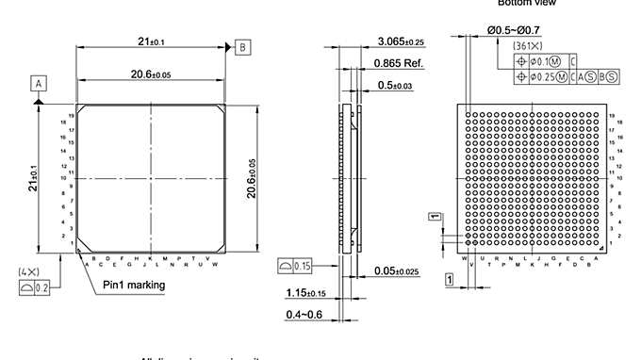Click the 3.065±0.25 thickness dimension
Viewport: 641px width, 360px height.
click(x=401, y=41)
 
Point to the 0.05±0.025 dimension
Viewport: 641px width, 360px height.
click(x=397, y=271)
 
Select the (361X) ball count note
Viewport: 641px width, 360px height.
click(x=525, y=45)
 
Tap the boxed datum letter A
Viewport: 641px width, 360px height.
click(x=40, y=83)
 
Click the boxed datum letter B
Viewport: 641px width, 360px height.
click(x=243, y=46)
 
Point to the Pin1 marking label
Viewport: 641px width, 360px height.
click(x=134, y=285)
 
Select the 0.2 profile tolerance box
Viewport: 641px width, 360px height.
click(x=36, y=288)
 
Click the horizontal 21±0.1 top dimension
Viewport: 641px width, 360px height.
click(x=152, y=41)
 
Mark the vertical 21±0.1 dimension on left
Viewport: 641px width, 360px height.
click(x=33, y=175)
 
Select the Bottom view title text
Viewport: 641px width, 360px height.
click(x=526, y=3)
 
